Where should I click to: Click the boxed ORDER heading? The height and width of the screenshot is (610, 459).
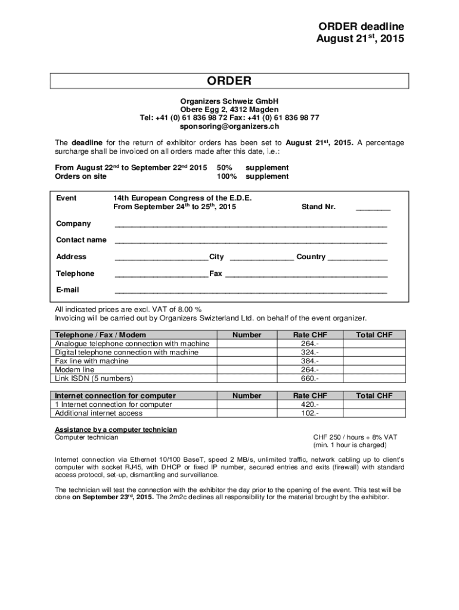229,81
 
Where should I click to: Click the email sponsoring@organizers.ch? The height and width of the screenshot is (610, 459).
229,126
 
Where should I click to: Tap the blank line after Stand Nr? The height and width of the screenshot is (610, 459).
373,208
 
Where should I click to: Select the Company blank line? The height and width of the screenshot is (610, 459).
250,226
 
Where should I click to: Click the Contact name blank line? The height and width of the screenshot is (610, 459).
250,242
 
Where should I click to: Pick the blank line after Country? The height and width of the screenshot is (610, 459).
358,259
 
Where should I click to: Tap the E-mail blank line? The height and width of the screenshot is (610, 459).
250,292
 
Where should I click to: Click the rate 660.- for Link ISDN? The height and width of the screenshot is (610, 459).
310,378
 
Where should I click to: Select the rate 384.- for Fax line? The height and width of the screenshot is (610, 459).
310,361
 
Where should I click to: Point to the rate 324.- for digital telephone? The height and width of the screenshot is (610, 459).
310,352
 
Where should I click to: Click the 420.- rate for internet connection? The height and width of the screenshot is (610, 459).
310,404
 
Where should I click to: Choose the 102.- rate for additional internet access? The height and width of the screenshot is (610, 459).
310,413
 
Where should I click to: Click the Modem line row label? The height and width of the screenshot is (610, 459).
75,370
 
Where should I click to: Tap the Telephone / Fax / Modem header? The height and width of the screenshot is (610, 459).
100,335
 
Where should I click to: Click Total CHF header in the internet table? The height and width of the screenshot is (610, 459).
374,396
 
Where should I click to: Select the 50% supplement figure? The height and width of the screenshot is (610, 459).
225,168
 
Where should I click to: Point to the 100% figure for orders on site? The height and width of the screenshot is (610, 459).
227,176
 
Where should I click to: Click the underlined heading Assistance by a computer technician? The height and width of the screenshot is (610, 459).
116,430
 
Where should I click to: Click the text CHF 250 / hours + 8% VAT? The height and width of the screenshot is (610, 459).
355,437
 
